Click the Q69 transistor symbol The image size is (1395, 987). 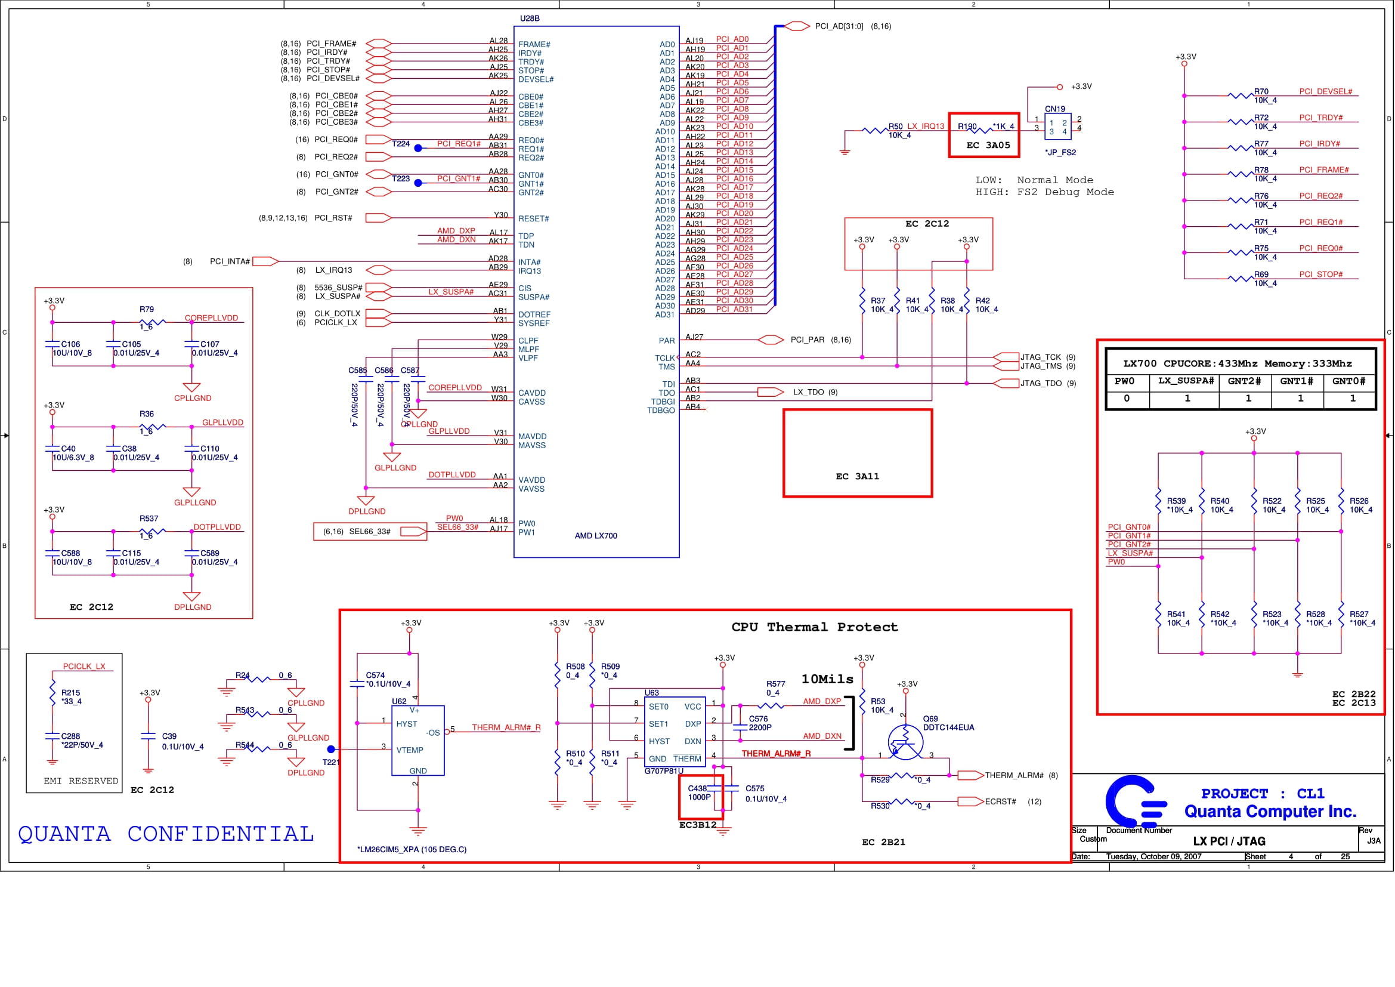tap(905, 742)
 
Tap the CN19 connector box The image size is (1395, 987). tap(1058, 127)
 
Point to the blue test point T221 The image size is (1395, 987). tap(330, 749)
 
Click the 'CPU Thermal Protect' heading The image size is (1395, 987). tap(814, 627)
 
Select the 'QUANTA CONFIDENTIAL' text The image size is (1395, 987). tap(166, 834)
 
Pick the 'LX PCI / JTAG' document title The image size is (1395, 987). tap(1229, 841)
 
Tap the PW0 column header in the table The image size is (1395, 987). tap(1125, 381)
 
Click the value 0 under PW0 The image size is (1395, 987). tap(1127, 399)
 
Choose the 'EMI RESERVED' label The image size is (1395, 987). tap(81, 781)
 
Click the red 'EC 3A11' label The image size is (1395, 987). tap(857, 476)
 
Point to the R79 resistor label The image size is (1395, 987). tap(147, 309)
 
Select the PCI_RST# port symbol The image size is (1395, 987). tap(379, 218)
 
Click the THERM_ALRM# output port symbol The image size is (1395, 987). tap(970, 776)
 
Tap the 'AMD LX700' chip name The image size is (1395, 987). tap(596, 536)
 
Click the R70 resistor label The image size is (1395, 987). tap(1261, 92)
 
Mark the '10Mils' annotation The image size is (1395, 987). tap(828, 680)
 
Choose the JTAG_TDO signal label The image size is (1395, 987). tap(1041, 384)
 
